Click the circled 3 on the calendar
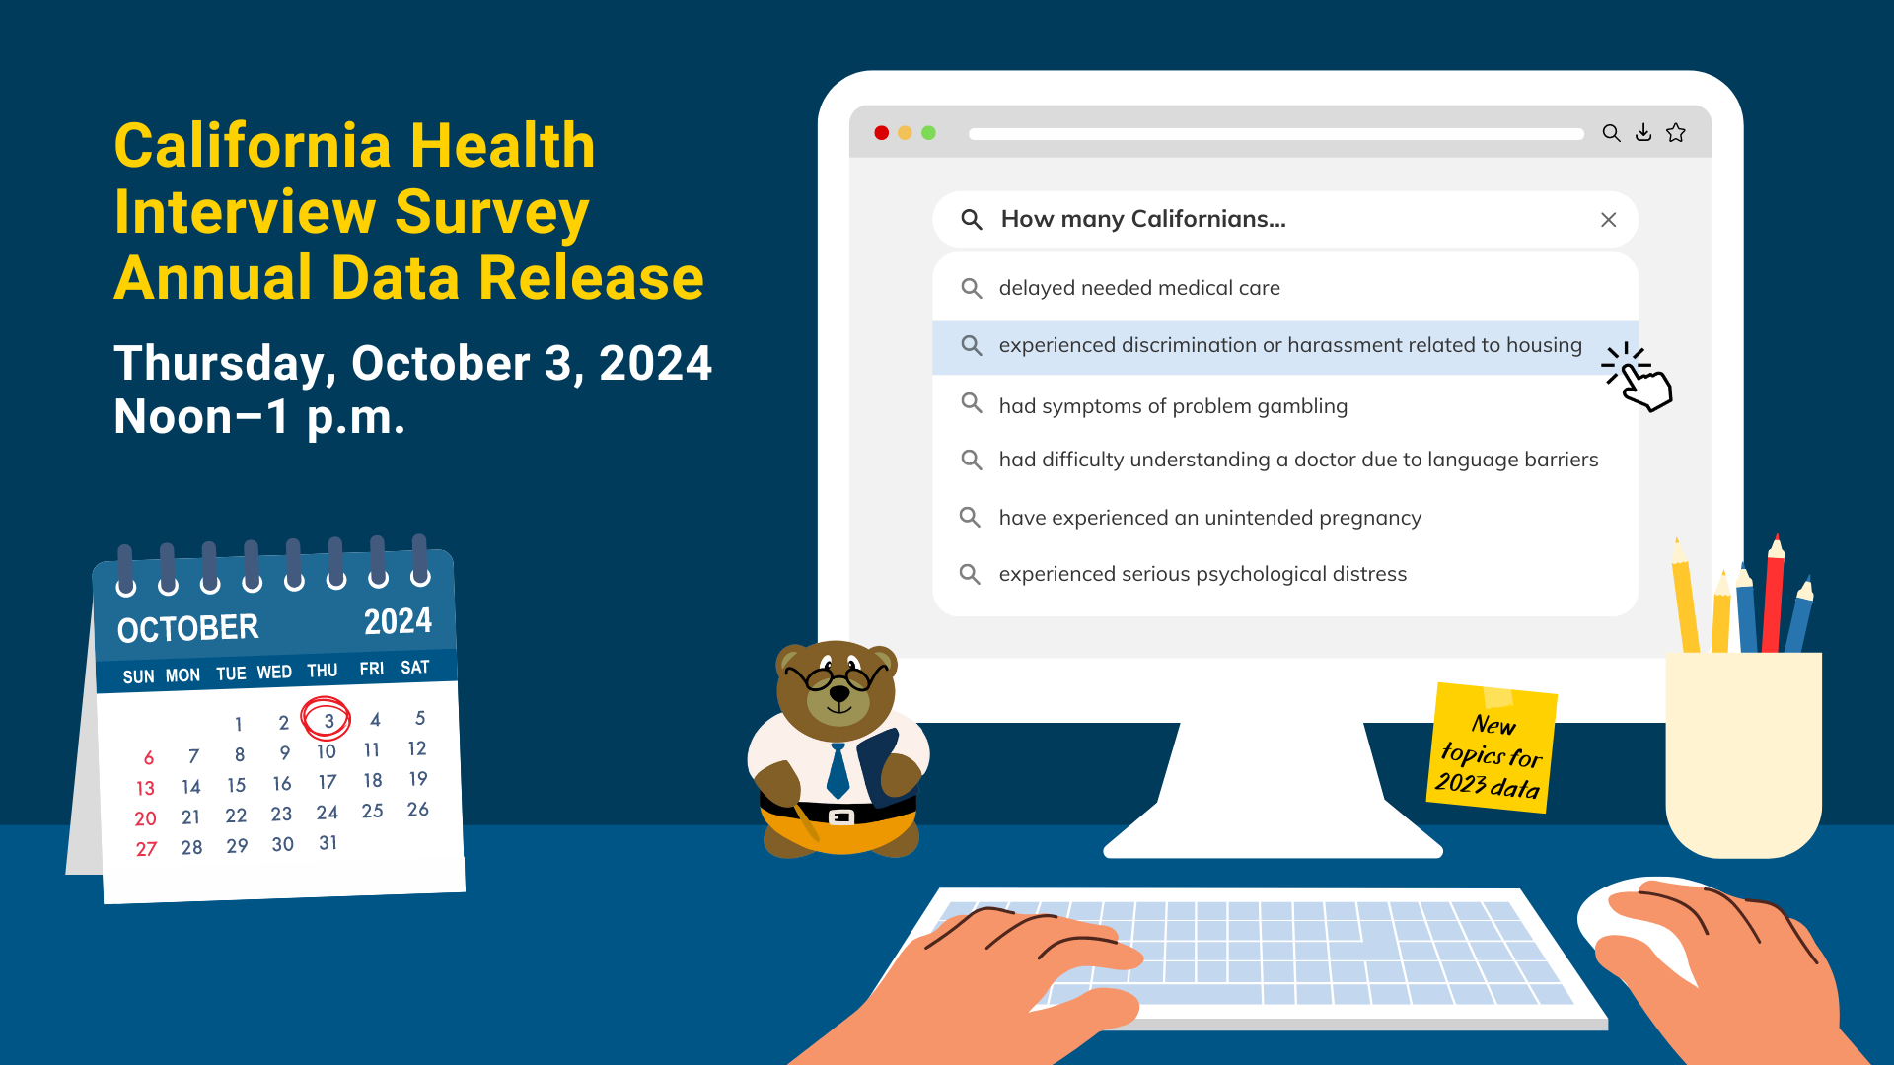click(327, 719)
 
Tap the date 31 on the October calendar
click(328, 843)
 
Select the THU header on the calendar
click(323, 671)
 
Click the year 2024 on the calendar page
click(398, 621)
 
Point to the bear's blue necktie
click(838, 770)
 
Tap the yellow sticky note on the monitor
click(1492, 748)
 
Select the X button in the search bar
click(1608, 220)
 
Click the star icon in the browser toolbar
click(1676, 132)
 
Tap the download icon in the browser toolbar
click(1643, 132)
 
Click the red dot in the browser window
click(882, 133)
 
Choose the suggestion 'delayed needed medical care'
click(1139, 288)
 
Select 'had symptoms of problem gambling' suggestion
click(1173, 406)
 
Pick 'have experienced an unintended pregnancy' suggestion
click(1210, 518)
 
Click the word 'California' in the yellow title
click(255, 146)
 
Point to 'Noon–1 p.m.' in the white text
click(259, 417)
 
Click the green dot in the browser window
click(928, 133)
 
